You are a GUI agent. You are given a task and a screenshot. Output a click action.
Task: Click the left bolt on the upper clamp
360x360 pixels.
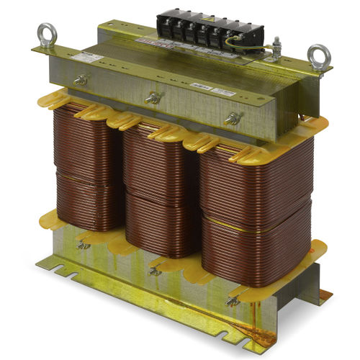pyautogui.click(x=81, y=80)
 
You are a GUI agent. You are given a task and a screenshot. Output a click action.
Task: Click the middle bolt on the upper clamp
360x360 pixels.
pyautogui.click(x=152, y=97)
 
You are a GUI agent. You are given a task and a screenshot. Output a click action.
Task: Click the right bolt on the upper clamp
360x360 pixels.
pyautogui.click(x=232, y=118)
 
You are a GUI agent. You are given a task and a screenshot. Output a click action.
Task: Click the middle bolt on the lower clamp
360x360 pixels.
pyautogui.click(x=153, y=270)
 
